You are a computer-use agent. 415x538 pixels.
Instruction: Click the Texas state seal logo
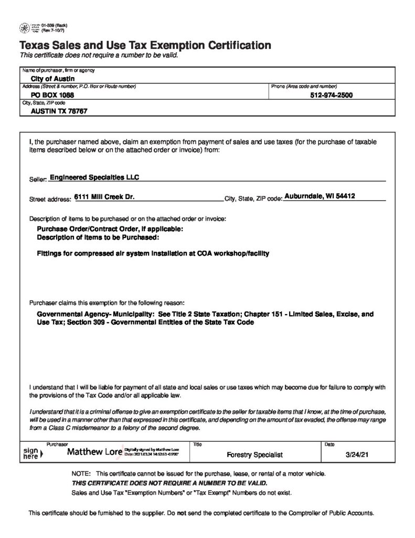pos(25,27)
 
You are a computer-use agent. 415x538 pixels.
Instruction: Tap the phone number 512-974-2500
pos(332,96)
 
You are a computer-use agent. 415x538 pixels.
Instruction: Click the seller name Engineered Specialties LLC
pos(94,178)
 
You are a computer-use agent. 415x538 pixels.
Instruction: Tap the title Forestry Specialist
pos(254,454)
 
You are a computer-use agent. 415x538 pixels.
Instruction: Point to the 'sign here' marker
pos(32,453)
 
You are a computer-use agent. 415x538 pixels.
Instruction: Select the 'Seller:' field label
pos(38,180)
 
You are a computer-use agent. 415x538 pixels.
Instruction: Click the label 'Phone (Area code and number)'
pos(304,86)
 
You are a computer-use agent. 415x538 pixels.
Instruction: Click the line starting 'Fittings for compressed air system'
pos(153,253)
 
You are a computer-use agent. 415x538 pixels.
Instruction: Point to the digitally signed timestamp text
pos(151,451)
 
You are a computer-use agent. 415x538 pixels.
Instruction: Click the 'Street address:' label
pos(50,200)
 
